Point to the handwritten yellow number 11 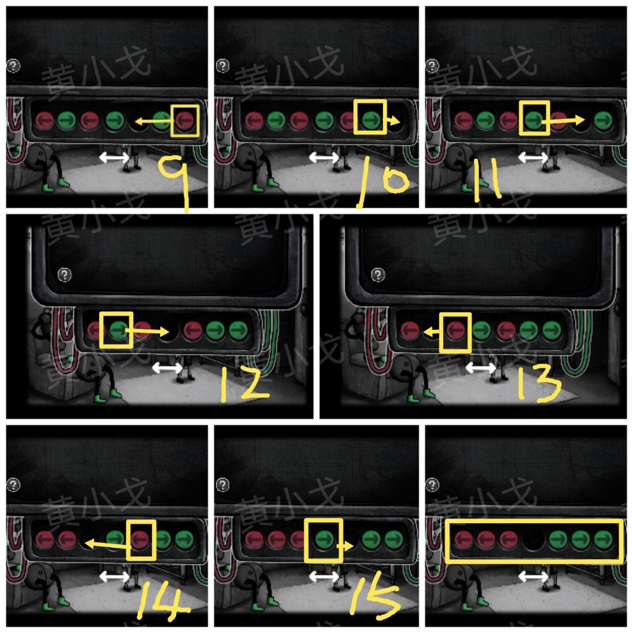click(x=488, y=180)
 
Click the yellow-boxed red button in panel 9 click(x=185, y=120)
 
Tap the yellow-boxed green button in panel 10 click(x=371, y=119)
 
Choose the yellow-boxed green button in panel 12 click(x=117, y=330)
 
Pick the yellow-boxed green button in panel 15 click(x=324, y=539)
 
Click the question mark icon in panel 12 click(x=64, y=274)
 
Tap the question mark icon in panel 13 click(x=378, y=274)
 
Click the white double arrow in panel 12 click(x=168, y=367)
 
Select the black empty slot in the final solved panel click(x=534, y=539)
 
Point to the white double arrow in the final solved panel click(x=533, y=577)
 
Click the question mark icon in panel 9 click(x=13, y=66)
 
